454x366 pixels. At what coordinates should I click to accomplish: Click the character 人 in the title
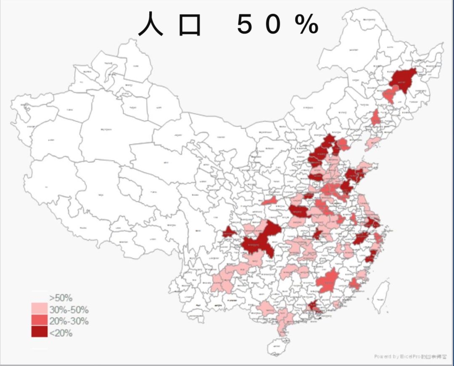[151, 24]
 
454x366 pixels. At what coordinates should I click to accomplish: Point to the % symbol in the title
[306, 25]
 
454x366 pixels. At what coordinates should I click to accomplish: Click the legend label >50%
[61, 298]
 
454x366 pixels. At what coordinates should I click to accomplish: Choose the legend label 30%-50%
[69, 310]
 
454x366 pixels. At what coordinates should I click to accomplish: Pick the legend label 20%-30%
[69, 321]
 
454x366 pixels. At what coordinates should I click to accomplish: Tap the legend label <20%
[61, 333]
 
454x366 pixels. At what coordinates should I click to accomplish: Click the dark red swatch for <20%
[39, 332]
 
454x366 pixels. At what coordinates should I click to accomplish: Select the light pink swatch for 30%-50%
[39, 309]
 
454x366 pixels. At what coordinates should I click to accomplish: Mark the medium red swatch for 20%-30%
[39, 320]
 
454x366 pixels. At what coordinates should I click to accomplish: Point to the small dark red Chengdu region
[229, 232]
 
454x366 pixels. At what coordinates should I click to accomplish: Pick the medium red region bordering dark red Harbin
[389, 95]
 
